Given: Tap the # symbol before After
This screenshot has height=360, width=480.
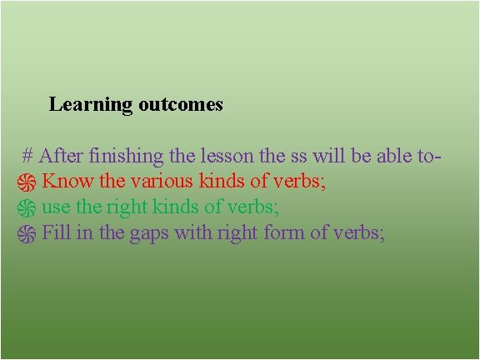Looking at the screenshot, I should click(27, 156).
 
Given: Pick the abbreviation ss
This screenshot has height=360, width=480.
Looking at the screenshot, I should click(298, 156).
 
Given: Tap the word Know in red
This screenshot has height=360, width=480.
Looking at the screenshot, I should click(67, 181).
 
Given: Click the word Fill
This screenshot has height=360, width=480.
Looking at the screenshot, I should click(57, 232).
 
